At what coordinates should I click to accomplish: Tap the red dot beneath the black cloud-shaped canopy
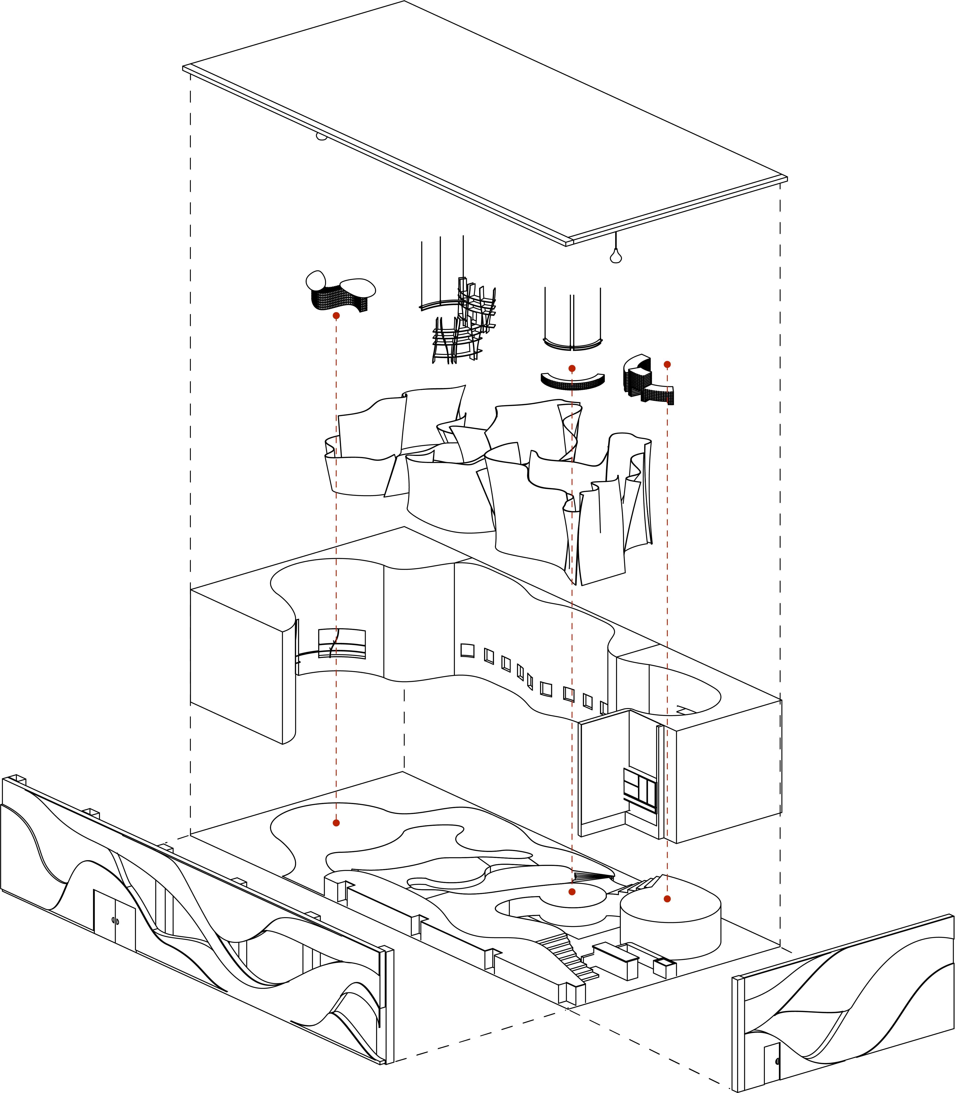point(336,316)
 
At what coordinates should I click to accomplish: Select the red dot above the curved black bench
point(572,368)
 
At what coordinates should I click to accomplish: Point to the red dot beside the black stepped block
point(667,364)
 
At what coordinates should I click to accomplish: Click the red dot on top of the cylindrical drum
point(667,899)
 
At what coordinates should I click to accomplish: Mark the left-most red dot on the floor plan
point(336,823)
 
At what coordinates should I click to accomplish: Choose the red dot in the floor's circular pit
point(572,891)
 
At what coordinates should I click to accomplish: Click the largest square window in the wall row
point(467,650)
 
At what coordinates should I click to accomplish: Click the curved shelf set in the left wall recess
point(342,644)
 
